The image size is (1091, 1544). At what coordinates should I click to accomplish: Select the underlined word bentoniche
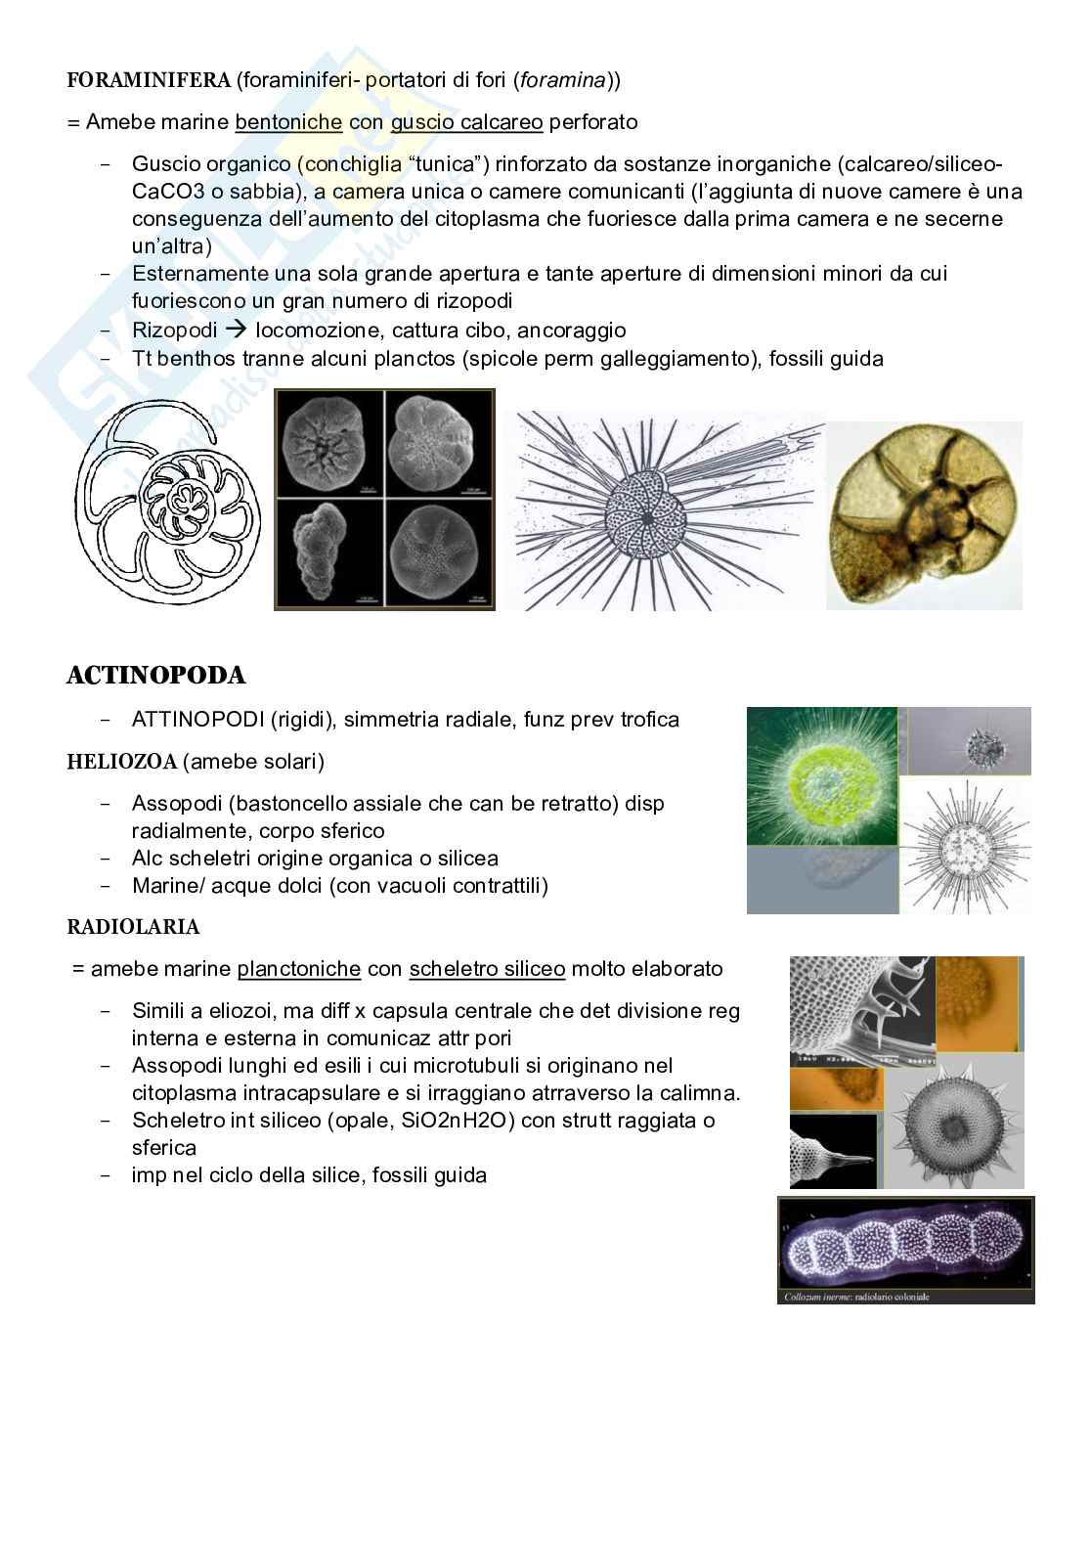pos(288,122)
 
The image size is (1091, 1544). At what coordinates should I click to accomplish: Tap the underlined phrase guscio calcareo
pos(466,122)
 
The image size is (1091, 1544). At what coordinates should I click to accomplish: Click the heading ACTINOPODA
pos(155,676)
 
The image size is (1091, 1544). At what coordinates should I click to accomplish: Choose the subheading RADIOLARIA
pos(133,926)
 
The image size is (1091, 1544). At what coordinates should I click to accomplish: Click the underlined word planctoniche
pos(299,969)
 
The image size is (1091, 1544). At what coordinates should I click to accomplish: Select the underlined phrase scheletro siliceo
pos(487,969)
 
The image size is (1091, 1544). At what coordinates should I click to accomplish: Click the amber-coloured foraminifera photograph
pos(924,516)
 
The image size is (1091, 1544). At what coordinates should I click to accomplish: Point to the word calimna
pos(705,1093)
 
